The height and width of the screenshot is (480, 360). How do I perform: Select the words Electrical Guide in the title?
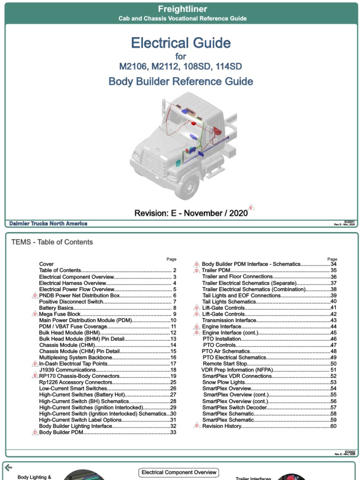[x=181, y=43]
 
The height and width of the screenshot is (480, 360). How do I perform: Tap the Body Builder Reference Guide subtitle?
[x=181, y=82]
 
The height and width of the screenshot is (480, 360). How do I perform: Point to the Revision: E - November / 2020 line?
[x=191, y=213]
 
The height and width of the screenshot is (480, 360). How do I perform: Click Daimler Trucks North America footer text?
[x=48, y=224]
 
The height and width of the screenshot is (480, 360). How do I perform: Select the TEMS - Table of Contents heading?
[x=52, y=242]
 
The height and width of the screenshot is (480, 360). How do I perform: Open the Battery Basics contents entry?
[x=56, y=308]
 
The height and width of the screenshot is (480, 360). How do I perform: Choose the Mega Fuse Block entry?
[x=60, y=314]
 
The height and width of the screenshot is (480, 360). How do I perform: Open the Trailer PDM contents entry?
[x=216, y=270]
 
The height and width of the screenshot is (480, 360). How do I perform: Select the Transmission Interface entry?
[x=229, y=320]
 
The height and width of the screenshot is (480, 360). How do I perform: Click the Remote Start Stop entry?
[x=225, y=364]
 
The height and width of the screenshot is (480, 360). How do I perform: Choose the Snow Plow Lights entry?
[x=224, y=382]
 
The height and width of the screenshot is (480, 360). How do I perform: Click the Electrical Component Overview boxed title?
[x=179, y=472]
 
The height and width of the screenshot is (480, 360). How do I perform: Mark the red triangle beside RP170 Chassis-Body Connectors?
[x=35, y=376]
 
